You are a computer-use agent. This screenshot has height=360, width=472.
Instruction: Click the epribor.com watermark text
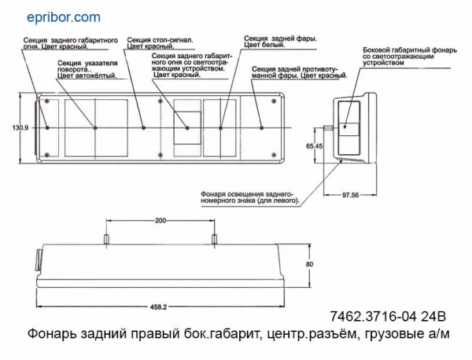click(64, 17)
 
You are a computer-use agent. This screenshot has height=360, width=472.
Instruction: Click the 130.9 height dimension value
click(20, 128)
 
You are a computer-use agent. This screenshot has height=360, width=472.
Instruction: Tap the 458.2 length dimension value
click(159, 307)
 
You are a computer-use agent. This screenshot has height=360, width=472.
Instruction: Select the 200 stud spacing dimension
click(160, 220)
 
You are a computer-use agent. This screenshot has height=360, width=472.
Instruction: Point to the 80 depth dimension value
click(309, 264)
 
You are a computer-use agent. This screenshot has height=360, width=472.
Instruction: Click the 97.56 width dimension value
click(350, 195)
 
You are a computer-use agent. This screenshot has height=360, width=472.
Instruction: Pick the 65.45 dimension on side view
click(315, 146)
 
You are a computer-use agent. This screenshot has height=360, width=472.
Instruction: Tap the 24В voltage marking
click(434, 317)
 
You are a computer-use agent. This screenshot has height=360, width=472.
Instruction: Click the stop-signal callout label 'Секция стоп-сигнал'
click(160, 40)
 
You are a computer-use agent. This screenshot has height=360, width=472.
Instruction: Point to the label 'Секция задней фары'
click(280, 39)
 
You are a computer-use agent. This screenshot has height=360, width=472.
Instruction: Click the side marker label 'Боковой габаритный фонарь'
click(410, 50)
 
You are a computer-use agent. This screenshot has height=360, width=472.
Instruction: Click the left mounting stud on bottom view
click(106, 240)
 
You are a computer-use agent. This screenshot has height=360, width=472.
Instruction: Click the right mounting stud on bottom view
click(214, 240)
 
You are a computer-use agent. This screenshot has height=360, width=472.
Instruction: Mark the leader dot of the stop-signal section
click(144, 128)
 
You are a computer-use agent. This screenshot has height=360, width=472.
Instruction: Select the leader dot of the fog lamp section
click(262, 128)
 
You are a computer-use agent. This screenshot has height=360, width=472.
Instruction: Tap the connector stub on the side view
click(328, 128)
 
